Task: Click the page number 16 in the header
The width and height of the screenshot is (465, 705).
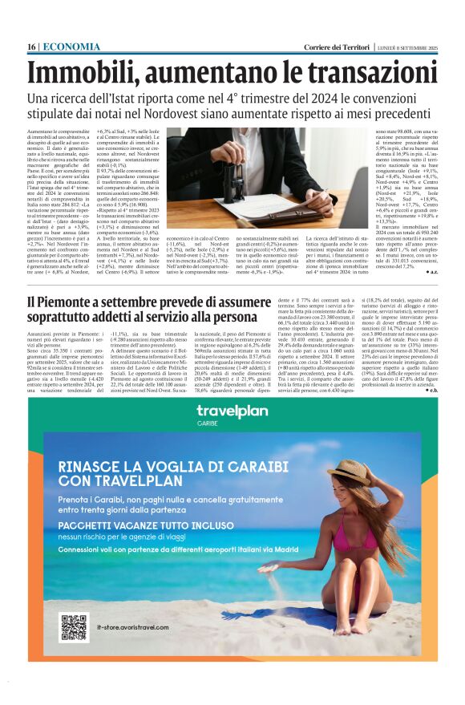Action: coord(31,47)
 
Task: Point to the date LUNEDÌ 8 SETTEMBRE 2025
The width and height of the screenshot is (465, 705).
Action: coord(408,48)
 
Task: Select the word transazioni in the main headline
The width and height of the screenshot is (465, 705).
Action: coord(367,73)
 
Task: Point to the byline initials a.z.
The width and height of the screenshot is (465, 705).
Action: coord(432,273)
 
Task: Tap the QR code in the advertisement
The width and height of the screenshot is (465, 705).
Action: coord(74,628)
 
